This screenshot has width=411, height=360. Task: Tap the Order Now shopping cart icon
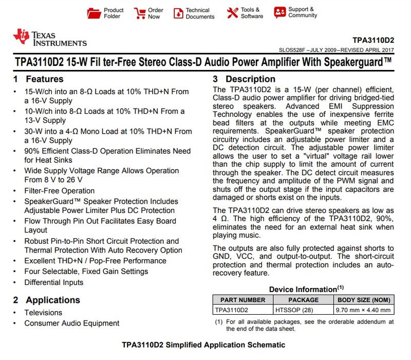tap(140, 12)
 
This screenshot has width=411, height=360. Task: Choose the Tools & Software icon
tap(233, 12)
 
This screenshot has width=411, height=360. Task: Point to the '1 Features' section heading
tap(38, 80)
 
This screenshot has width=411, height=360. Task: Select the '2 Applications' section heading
tap(47, 300)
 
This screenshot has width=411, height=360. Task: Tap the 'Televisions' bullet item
tap(43, 313)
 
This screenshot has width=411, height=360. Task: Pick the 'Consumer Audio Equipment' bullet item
tap(71, 323)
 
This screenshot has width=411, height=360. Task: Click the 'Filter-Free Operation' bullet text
tap(59, 191)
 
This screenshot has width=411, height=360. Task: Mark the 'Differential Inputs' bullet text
tap(53, 282)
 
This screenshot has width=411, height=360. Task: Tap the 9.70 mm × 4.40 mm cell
tap(362, 310)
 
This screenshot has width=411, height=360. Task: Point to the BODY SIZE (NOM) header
tap(362, 300)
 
